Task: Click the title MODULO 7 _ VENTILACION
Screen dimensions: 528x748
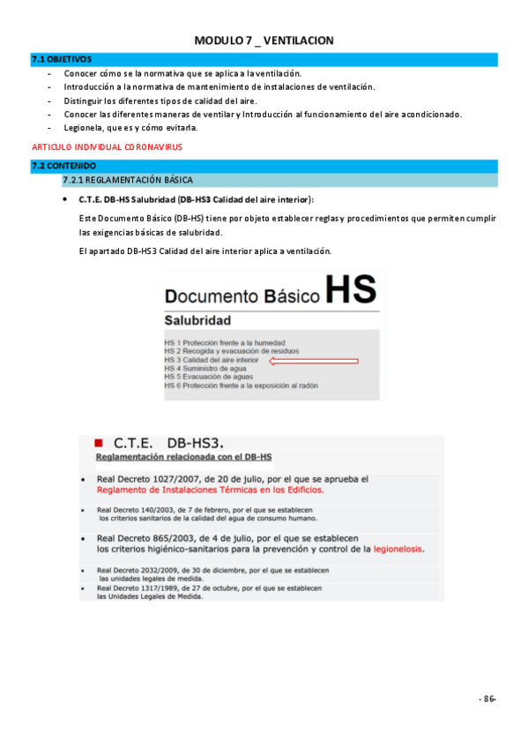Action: click(264, 41)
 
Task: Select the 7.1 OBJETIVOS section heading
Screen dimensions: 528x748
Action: click(61, 59)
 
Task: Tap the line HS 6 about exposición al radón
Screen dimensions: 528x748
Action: click(241, 385)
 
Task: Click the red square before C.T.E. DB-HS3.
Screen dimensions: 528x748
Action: click(99, 439)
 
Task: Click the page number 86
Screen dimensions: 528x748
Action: click(487, 699)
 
